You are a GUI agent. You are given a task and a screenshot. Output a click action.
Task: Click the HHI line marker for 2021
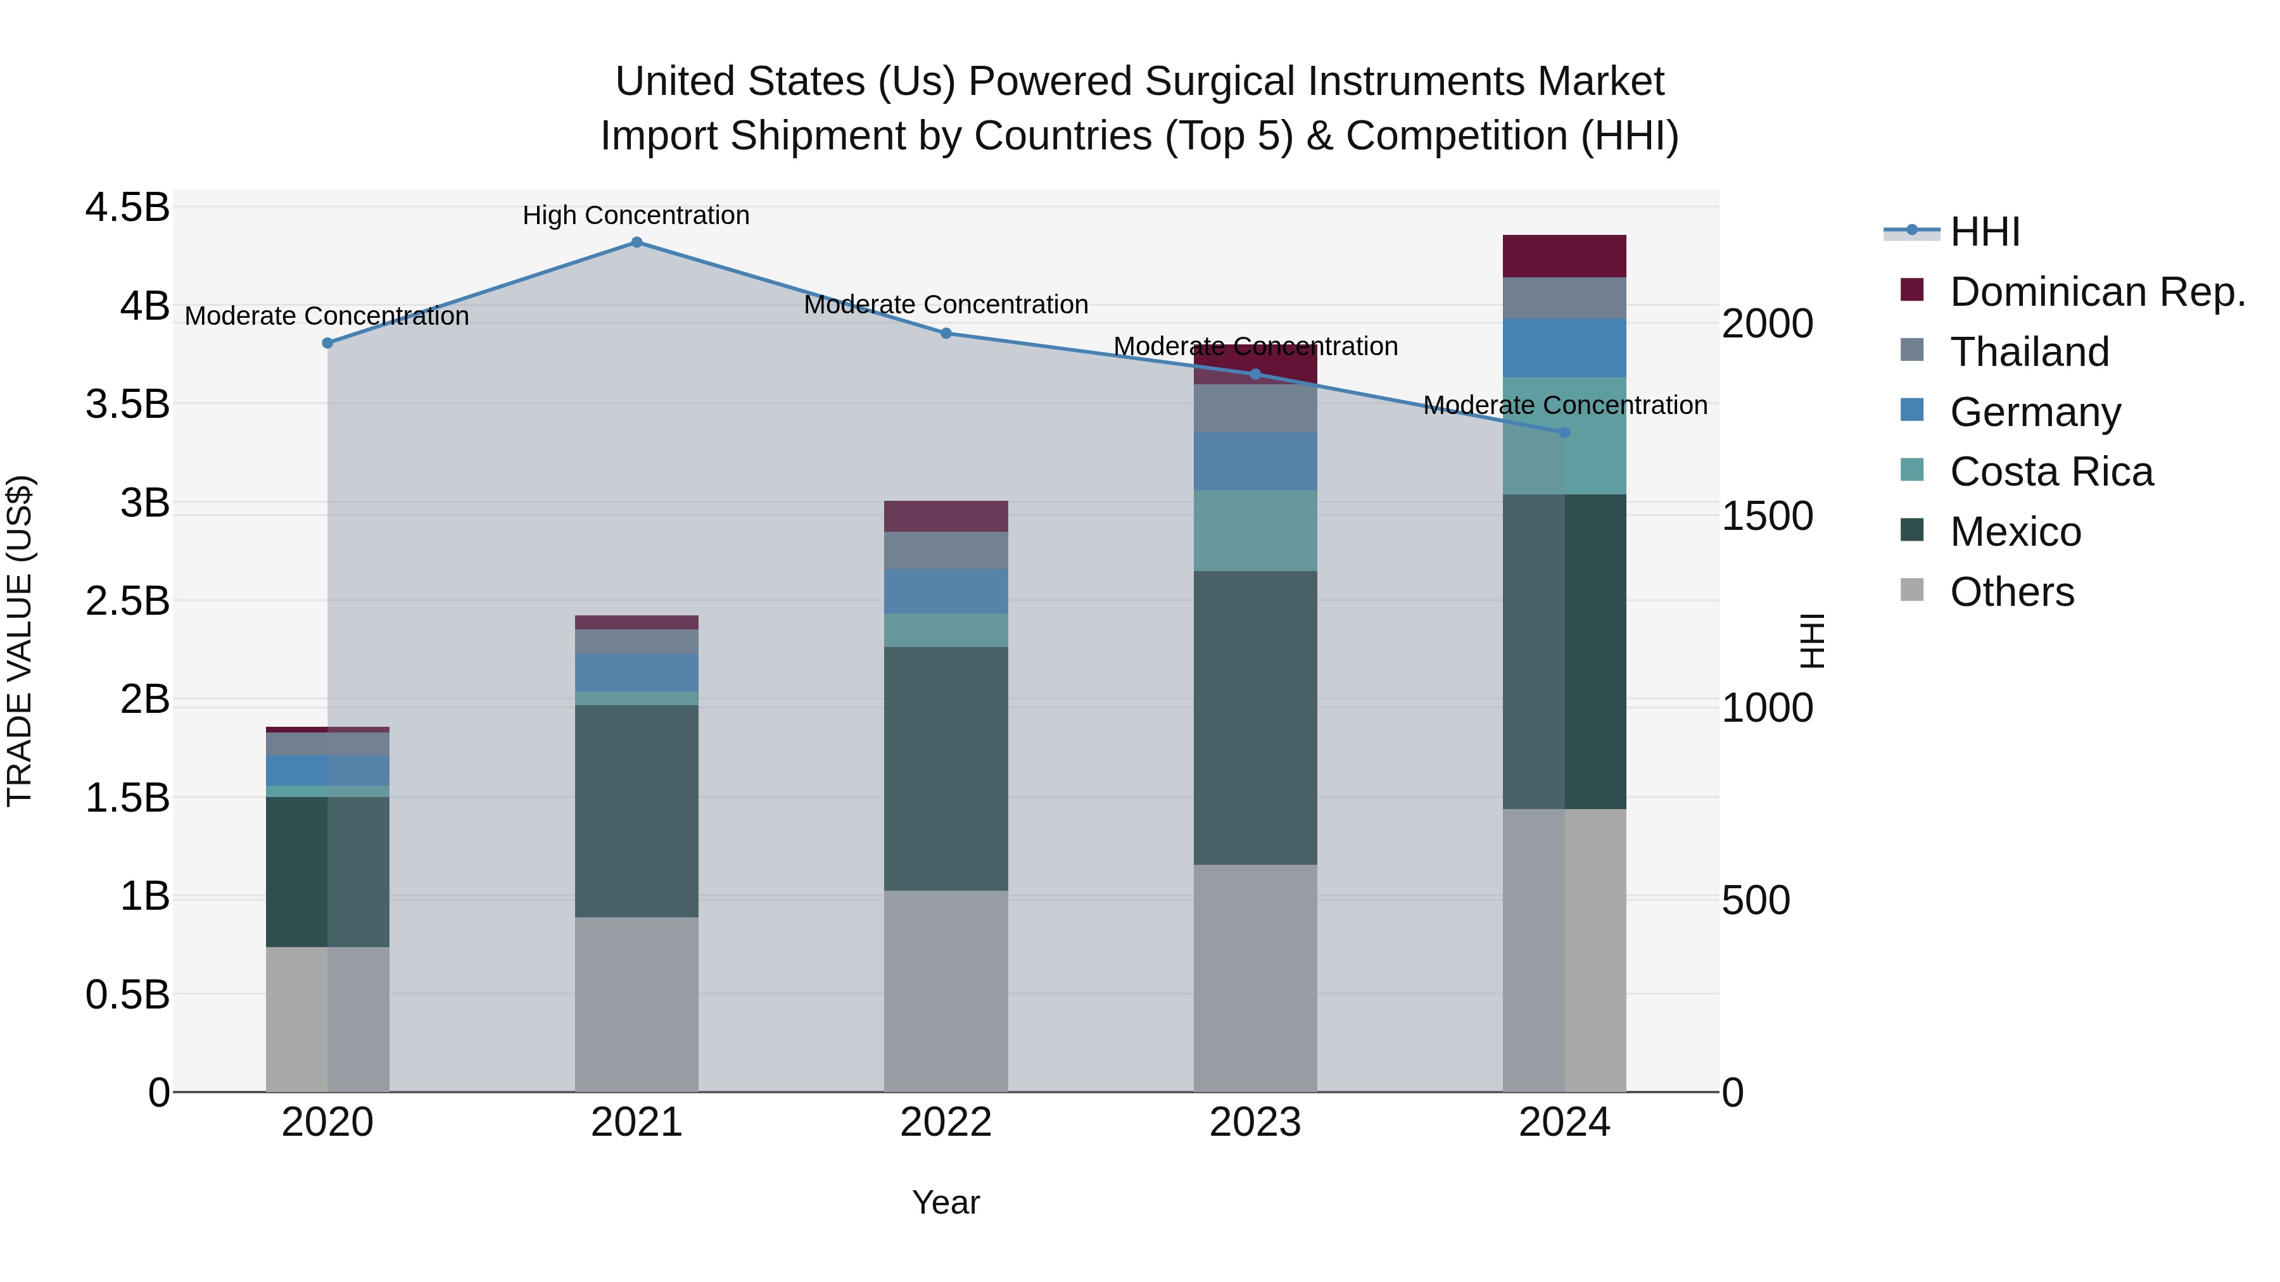[x=636, y=242]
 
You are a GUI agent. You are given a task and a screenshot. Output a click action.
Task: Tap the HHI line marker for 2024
[x=1564, y=432]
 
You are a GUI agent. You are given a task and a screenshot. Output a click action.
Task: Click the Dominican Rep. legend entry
[x=2097, y=292]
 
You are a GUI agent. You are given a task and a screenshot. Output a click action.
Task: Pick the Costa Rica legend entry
[x=2051, y=472]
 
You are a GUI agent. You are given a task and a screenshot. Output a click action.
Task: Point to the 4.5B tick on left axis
[x=127, y=208]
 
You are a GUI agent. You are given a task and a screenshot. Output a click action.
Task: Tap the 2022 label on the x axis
[x=946, y=1122]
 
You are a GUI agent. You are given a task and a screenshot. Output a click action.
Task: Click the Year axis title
[x=946, y=1202]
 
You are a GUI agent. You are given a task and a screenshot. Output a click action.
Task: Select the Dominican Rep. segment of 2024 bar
[x=1564, y=256]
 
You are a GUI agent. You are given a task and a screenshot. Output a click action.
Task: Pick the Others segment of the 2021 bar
[x=636, y=1004]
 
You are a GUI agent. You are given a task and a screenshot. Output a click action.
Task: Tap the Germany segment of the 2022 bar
[x=946, y=591]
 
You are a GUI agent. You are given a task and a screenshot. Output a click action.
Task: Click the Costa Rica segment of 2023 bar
[x=1255, y=531]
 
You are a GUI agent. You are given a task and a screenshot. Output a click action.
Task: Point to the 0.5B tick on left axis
[x=127, y=995]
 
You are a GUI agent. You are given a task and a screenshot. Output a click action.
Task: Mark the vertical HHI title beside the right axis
[x=1812, y=641]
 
